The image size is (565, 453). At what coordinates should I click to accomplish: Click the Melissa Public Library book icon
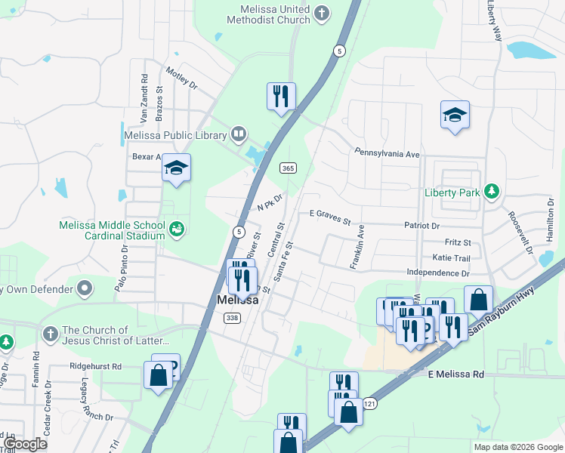click(239, 135)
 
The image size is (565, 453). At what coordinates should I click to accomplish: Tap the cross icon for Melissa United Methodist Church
click(322, 13)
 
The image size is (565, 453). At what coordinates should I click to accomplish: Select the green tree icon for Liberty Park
click(492, 193)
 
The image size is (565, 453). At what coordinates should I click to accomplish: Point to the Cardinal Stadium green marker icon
click(177, 227)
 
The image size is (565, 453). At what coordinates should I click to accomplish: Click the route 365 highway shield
click(286, 168)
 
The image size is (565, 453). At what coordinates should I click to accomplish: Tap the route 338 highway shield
click(232, 318)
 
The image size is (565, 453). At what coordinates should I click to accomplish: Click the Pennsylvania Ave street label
click(387, 153)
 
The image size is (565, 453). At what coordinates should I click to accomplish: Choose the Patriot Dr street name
click(421, 225)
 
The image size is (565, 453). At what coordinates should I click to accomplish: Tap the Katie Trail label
click(452, 257)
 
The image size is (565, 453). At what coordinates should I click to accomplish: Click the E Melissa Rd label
click(455, 374)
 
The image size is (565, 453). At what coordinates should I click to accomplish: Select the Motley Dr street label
click(182, 80)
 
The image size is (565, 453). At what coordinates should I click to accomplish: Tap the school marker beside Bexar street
click(176, 168)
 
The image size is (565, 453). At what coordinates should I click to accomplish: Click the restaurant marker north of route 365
click(281, 97)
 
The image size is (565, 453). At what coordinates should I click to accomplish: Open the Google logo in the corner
click(25, 444)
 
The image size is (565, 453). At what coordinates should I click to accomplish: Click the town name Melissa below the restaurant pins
click(237, 300)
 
